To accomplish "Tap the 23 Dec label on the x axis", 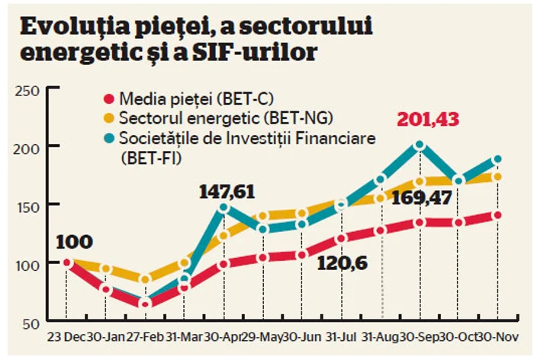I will pyautogui.click(x=65, y=338).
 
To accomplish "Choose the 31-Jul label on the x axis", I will pyautogui.click(x=341, y=338).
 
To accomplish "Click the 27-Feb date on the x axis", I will pyautogui.click(x=145, y=338).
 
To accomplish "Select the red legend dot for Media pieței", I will pyautogui.click(x=108, y=99).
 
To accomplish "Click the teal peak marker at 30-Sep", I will pyautogui.click(x=419, y=145).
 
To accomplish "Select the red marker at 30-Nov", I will pyautogui.click(x=497, y=215).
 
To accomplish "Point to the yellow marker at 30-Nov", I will pyautogui.click(x=497, y=177).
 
